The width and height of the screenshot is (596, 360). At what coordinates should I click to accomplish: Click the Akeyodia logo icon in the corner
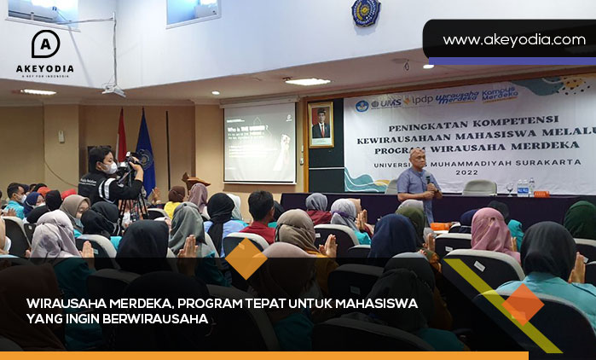(45, 44)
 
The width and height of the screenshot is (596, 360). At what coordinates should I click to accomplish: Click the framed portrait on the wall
(321, 125)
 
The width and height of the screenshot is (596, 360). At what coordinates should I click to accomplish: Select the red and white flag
(122, 136)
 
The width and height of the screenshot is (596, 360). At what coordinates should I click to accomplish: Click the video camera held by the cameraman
(133, 160)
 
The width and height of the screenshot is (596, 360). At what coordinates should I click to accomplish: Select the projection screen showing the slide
(259, 142)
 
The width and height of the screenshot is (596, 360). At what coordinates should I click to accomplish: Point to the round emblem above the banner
(366, 11)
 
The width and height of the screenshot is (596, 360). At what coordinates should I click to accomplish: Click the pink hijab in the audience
(491, 228)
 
